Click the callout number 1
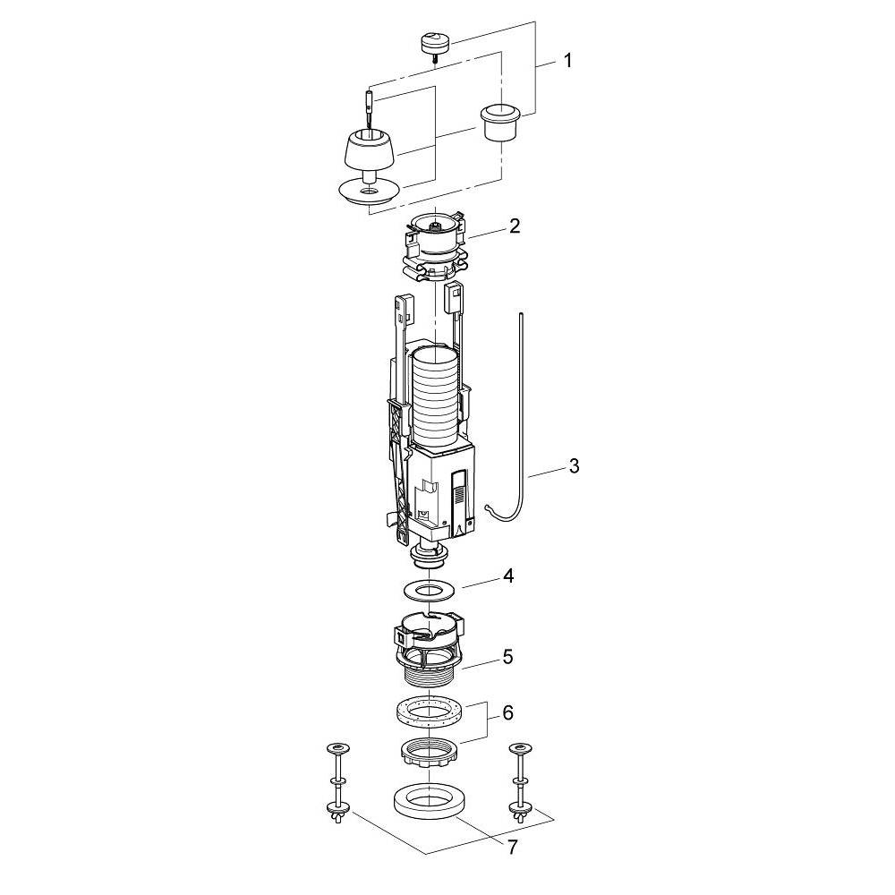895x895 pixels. point(567,61)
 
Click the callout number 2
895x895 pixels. point(515,226)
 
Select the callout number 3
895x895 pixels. point(574,465)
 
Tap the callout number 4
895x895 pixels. point(508,575)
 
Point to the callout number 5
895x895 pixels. point(507,657)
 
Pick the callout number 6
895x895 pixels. point(507,713)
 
